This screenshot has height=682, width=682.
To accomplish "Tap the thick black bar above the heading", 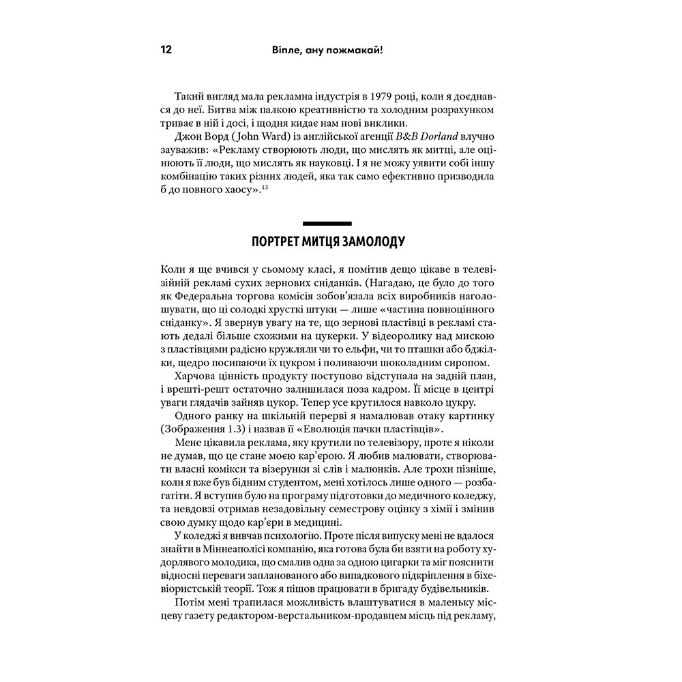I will click(326, 223).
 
